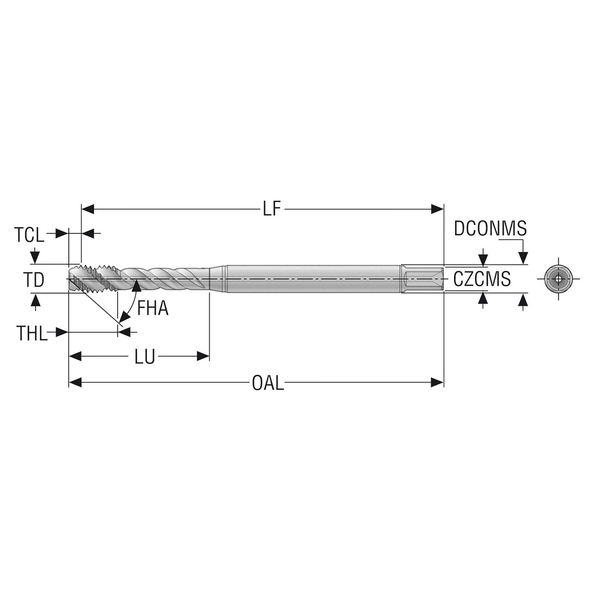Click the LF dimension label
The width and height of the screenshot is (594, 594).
(272, 209)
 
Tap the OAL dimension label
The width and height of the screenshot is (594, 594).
(268, 383)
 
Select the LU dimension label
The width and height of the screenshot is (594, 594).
(145, 357)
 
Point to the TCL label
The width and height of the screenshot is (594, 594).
(30, 235)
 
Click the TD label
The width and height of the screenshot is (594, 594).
(34, 280)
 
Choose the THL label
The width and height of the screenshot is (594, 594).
(32, 333)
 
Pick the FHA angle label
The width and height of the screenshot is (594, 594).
(153, 308)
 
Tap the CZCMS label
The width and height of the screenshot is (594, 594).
(482, 279)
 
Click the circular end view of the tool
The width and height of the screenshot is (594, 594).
(558, 279)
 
